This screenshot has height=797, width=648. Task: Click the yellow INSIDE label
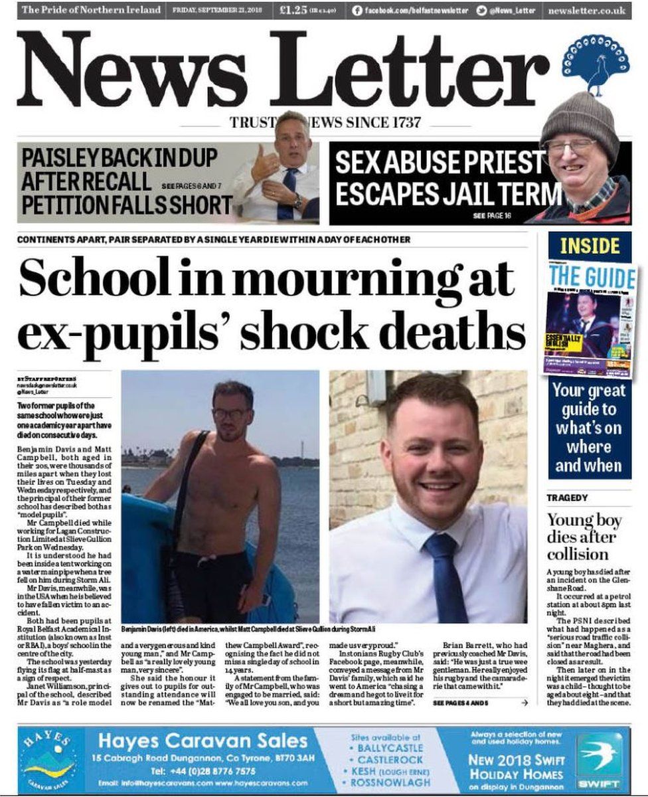pos(589,246)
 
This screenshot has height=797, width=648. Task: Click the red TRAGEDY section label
pos(567,497)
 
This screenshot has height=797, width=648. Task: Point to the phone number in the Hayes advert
pos(202,771)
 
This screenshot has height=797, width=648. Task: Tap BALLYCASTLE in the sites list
pos(386,748)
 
